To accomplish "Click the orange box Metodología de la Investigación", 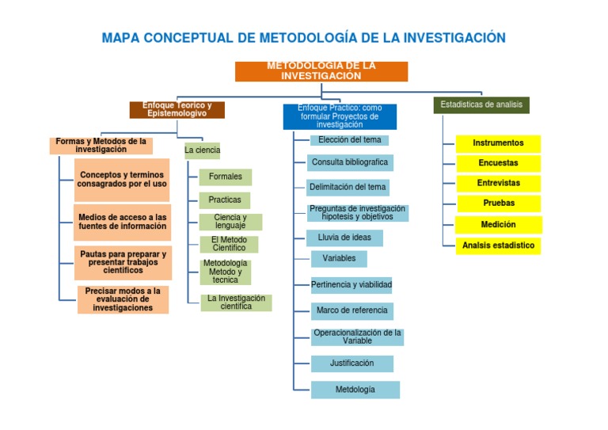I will point(321,71).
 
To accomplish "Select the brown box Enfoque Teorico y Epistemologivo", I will point(177,109).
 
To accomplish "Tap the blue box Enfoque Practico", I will point(340,116).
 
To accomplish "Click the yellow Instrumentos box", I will point(498,143).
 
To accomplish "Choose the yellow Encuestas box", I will point(498,163).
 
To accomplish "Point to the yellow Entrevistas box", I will point(498,183).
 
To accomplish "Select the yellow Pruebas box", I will point(498,203).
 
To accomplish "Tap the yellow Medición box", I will point(498,224).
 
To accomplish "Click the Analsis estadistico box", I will point(498,245).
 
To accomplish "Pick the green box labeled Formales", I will point(225,177).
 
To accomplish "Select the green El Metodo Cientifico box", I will point(228,244).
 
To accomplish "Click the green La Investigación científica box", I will point(235,303).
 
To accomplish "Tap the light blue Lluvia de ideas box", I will point(344,238).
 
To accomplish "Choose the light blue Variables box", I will point(339,258).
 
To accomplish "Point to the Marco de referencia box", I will point(351,310).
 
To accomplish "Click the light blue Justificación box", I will point(351,363).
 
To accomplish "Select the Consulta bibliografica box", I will point(350,162).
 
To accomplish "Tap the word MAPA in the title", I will point(121,38).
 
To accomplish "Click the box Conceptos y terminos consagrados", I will point(123,179).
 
